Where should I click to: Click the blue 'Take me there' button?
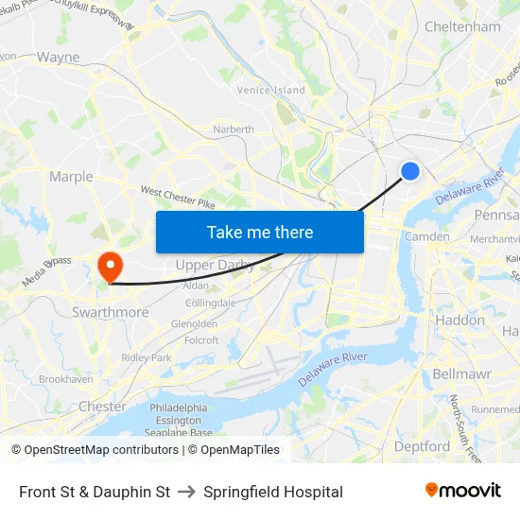click(260, 232)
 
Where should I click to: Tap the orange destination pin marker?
click(111, 265)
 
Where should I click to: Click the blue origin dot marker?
click(410, 170)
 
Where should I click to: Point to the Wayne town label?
click(59, 57)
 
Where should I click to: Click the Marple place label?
click(71, 177)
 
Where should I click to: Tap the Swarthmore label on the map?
click(110, 312)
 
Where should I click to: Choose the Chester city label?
click(102, 407)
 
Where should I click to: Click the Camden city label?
click(427, 236)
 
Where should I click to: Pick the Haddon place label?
click(459, 321)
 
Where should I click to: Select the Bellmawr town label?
click(459, 373)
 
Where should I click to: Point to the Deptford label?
click(422, 446)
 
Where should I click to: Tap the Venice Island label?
click(271, 90)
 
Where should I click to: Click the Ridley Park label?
click(147, 358)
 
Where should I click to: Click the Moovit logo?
click(462, 491)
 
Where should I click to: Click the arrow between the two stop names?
click(186, 492)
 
